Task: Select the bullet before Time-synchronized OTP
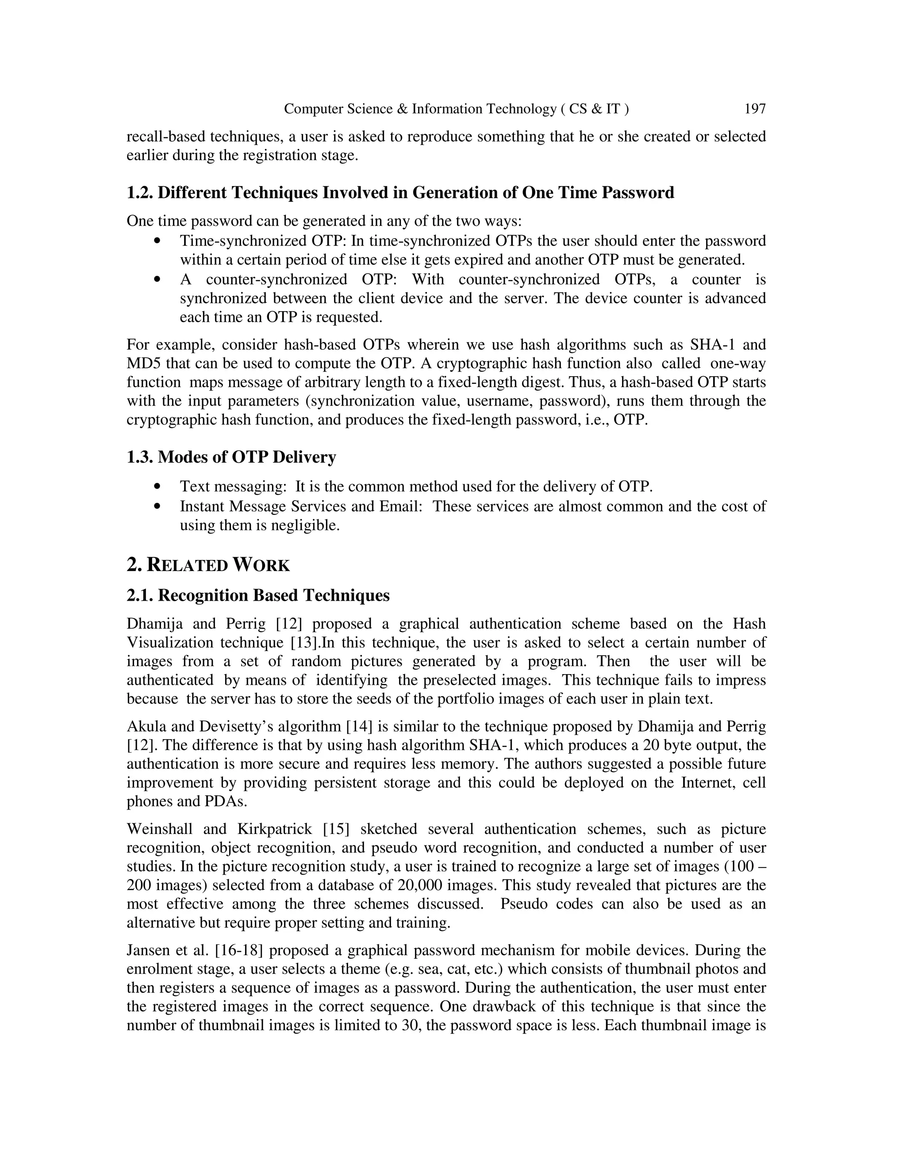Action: coord(157,241)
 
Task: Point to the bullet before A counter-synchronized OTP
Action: coord(157,280)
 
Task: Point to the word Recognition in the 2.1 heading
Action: coord(202,596)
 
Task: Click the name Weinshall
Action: coord(159,829)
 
